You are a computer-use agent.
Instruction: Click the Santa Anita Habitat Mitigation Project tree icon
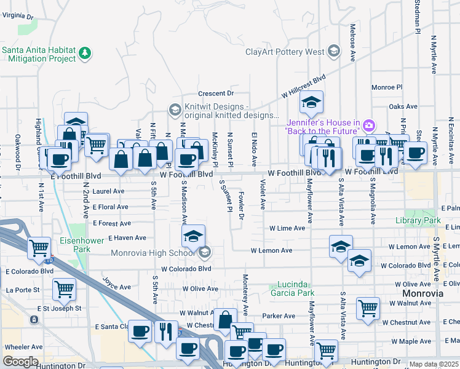tap(85, 54)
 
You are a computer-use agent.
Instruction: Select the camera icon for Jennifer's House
tap(368, 126)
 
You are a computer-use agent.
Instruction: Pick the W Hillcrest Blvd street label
tap(303, 87)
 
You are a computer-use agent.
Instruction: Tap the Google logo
tap(20, 362)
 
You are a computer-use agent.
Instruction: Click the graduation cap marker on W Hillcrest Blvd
tap(312, 103)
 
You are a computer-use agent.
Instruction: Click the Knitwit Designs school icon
tap(174, 110)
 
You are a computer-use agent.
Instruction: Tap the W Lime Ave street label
tap(287, 228)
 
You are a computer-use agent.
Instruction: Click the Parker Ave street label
tap(280, 316)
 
